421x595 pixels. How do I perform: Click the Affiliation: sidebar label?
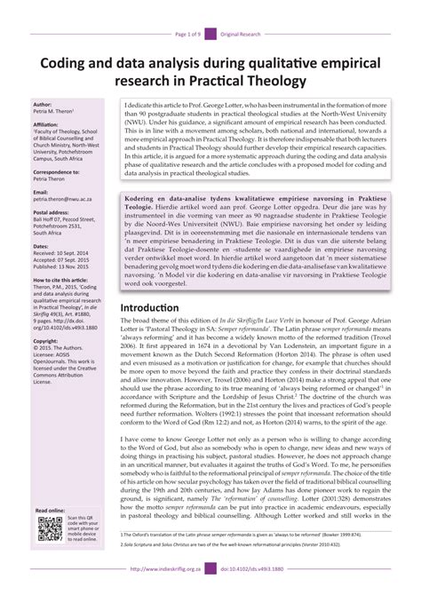(46, 125)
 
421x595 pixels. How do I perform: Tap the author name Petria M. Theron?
(55, 112)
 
